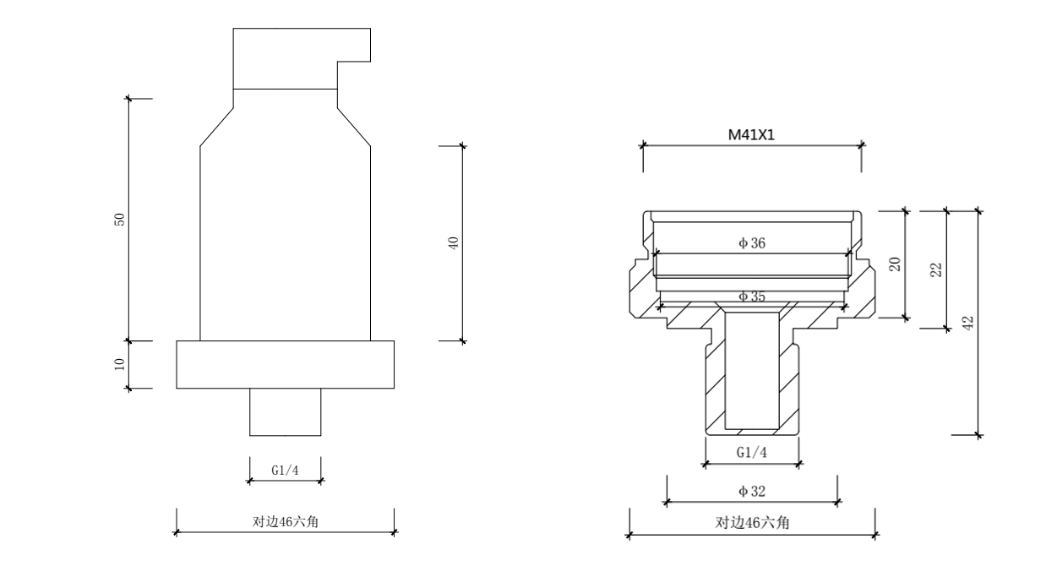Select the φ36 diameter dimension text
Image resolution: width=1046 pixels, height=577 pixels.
(x=752, y=243)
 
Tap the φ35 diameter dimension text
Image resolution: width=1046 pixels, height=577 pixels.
(x=752, y=297)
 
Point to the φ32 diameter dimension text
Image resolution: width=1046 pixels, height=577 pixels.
(x=752, y=491)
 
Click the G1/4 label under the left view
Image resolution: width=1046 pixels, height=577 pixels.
(x=285, y=471)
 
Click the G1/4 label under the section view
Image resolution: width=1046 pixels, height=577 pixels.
(x=752, y=452)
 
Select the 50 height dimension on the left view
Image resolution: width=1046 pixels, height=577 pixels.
(x=120, y=219)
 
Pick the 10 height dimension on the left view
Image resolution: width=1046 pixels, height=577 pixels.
(x=120, y=365)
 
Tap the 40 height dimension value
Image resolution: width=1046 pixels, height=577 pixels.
(x=453, y=243)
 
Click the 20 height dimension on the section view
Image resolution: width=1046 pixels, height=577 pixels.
(x=896, y=263)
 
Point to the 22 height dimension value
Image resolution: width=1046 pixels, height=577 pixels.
(x=936, y=269)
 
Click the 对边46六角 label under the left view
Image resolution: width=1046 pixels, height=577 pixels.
(x=285, y=522)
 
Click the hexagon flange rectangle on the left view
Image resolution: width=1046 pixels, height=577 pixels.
(x=285, y=365)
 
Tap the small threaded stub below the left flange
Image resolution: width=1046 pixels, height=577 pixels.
(x=285, y=412)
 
